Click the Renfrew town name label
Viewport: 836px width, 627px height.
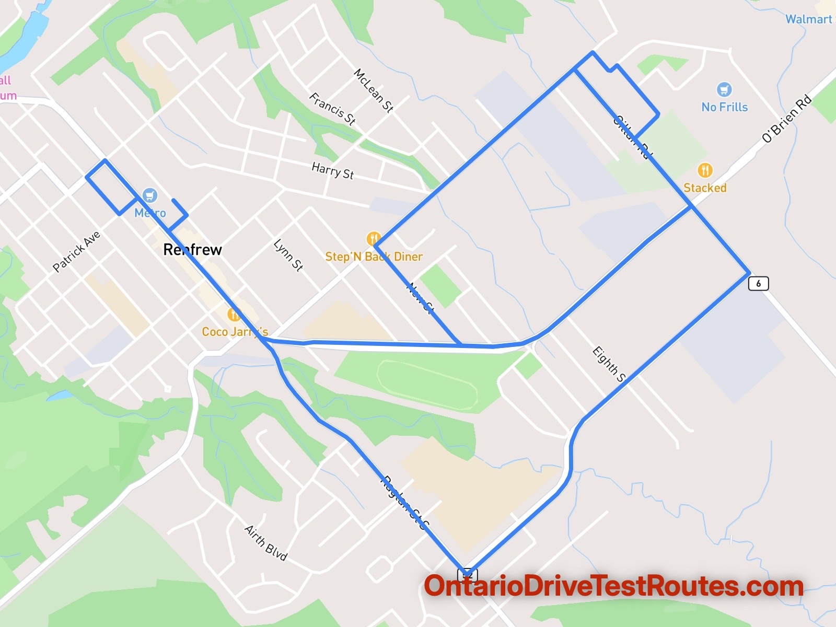click(192, 250)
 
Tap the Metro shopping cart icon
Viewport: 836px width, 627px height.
click(150, 195)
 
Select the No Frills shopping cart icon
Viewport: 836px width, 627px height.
click(724, 89)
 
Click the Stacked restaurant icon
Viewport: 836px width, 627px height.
click(705, 170)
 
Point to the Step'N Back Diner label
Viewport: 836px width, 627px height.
click(374, 257)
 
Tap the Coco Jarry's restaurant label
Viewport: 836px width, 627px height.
click(235, 332)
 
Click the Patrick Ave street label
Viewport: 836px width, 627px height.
click(76, 252)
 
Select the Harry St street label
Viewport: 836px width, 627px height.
click(332, 171)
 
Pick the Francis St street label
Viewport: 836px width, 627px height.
click(332, 109)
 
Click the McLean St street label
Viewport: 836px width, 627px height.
click(373, 90)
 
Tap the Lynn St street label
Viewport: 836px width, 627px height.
click(288, 255)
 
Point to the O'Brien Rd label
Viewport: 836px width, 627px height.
click(786, 118)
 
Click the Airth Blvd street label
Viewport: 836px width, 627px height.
click(266, 543)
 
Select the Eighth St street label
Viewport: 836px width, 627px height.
click(609, 364)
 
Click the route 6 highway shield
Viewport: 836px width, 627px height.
click(758, 284)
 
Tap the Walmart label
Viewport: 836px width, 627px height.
click(809, 19)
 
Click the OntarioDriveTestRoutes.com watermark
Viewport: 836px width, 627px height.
click(613, 586)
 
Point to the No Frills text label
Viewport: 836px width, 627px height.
click(724, 107)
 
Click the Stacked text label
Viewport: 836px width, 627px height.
click(705, 188)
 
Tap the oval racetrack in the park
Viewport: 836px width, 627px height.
click(427, 385)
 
